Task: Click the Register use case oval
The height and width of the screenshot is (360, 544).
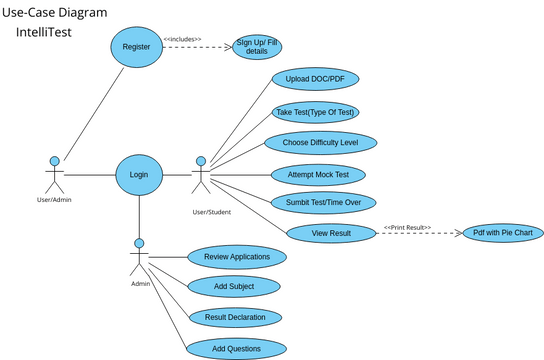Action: coord(136,47)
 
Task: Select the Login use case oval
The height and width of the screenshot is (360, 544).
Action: coord(138,174)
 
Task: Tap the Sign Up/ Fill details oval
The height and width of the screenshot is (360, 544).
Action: coord(257,47)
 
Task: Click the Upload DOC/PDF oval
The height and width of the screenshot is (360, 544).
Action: coord(315,78)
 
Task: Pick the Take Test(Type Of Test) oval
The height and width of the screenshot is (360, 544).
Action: coord(315,111)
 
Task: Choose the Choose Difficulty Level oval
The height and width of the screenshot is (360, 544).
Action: coord(321,142)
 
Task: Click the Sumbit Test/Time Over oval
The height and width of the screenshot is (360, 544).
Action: coord(323,202)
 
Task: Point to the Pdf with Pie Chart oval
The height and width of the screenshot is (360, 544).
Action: coord(502,233)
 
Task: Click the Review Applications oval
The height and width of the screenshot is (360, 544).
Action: coord(237,257)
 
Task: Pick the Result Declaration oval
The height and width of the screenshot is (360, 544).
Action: coord(234,317)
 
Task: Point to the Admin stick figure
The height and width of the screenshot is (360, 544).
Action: coord(139,258)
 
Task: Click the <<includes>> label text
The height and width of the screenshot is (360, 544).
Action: coord(182,39)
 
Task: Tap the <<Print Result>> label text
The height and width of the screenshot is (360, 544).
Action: coord(407,227)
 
